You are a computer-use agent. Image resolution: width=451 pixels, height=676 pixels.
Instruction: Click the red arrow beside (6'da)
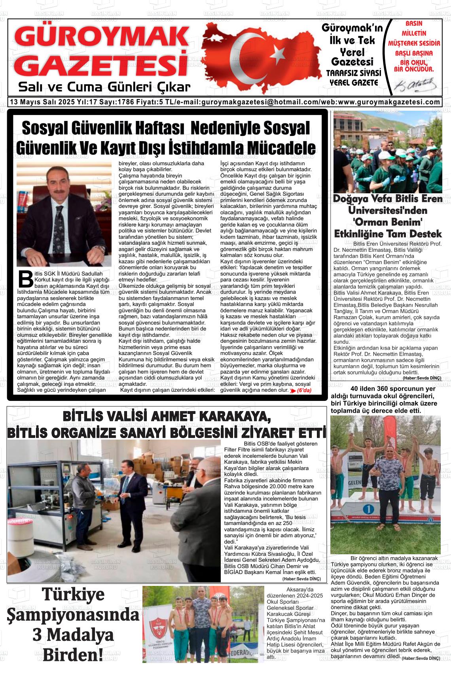pos(293,391)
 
